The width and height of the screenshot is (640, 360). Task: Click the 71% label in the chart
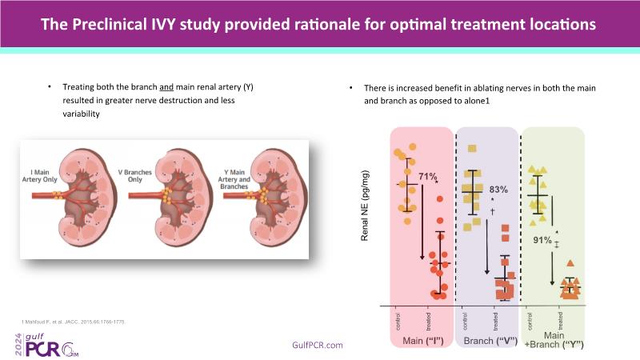[x=429, y=177]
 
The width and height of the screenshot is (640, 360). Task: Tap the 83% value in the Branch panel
[x=499, y=190]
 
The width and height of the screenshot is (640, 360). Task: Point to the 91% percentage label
[x=542, y=239]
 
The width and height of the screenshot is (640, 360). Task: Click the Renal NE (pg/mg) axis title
[x=366, y=206]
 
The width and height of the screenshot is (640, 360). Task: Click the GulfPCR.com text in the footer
[x=319, y=345]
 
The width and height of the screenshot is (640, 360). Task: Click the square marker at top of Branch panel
[x=472, y=148]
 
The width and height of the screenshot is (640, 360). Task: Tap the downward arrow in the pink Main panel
[x=422, y=224]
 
